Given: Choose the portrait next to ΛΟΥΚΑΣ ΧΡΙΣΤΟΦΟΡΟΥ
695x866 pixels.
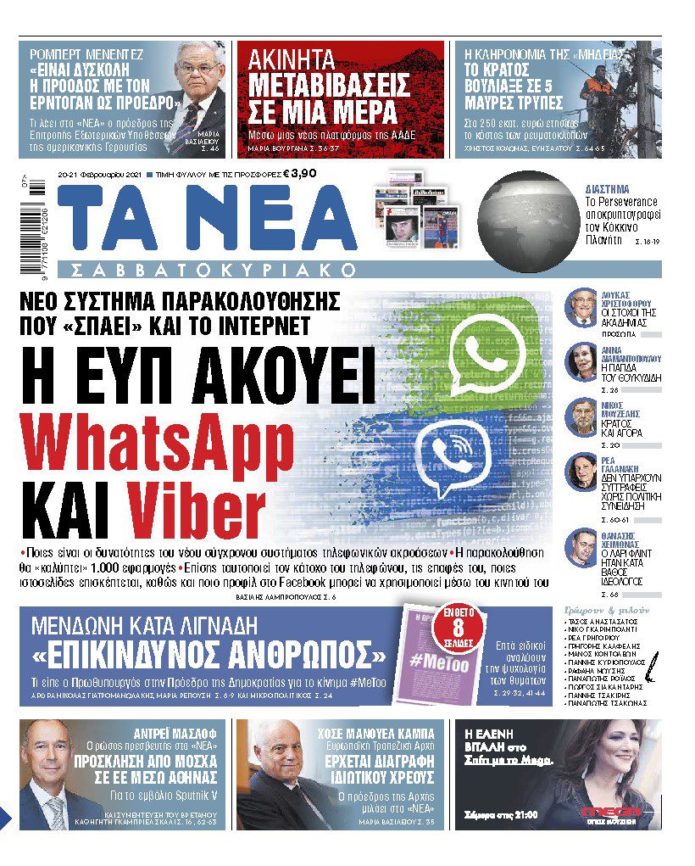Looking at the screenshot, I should [581, 306].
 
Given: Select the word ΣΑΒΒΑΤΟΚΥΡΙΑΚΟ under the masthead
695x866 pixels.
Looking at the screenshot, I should [213, 270].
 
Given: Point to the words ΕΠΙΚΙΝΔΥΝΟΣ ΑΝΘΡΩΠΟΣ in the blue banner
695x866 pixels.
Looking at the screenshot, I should [208, 656].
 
